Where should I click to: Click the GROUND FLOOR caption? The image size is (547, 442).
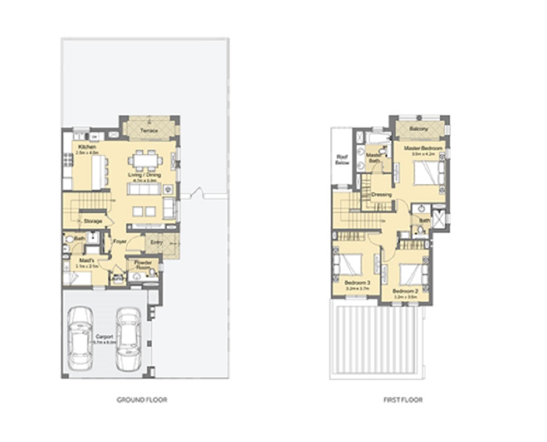(x=142, y=400)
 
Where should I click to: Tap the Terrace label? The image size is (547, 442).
(x=149, y=131)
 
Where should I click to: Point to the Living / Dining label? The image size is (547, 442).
(x=144, y=175)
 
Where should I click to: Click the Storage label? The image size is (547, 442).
(x=93, y=220)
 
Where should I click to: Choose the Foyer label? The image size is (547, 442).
(x=120, y=241)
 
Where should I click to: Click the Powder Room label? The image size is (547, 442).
(x=142, y=265)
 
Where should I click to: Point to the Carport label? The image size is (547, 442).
(x=104, y=337)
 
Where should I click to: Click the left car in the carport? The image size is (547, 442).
(x=80, y=338)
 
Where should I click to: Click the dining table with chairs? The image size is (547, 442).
(x=147, y=161)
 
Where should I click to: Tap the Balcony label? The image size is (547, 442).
(x=419, y=128)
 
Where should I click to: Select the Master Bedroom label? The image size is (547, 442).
(x=423, y=149)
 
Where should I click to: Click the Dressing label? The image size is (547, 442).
(x=382, y=195)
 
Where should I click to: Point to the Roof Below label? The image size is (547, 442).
(x=342, y=160)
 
